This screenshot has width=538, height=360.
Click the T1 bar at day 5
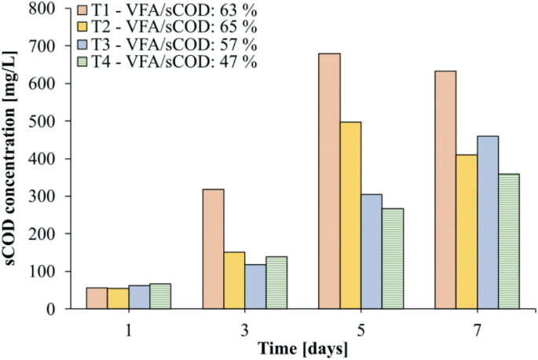pos(329,181)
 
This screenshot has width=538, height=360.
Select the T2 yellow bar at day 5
pos(350,215)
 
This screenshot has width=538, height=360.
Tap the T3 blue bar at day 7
pos(488,222)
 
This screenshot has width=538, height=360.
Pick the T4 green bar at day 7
pos(509,241)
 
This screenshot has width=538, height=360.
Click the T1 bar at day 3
pos(213,248)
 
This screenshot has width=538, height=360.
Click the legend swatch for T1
pos(86,12)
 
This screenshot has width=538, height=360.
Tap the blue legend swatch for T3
pos(86,46)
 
